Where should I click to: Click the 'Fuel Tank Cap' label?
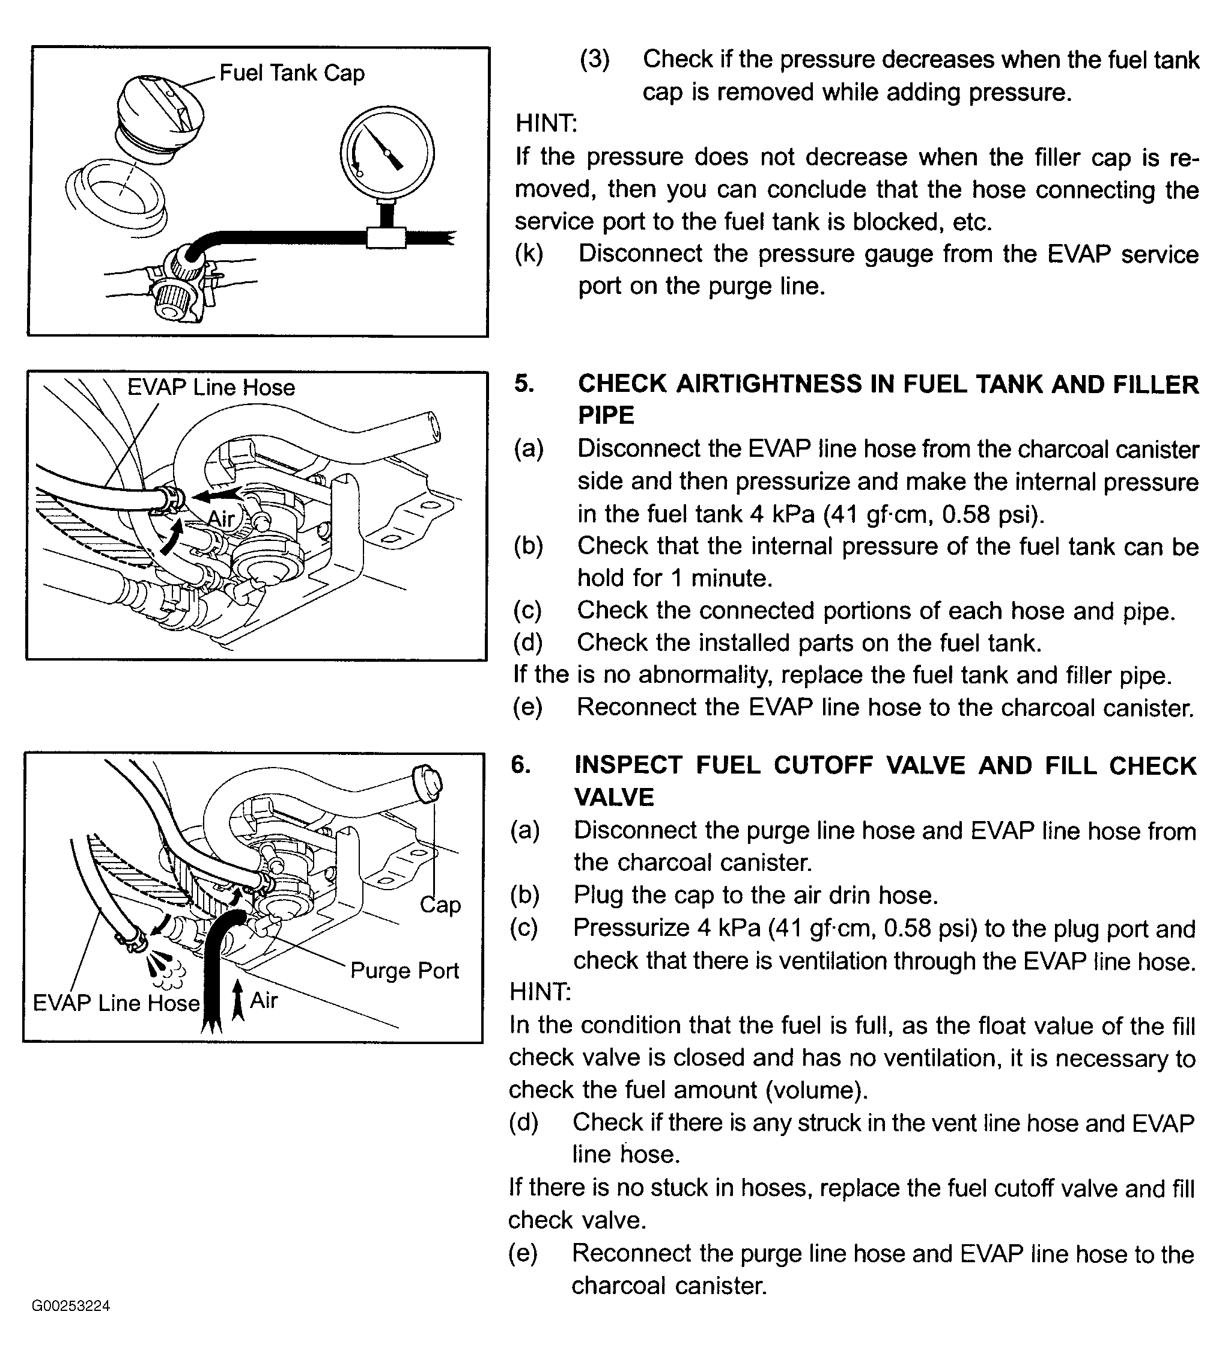291,73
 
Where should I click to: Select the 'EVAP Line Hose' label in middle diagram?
211,388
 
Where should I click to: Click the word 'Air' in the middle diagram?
221,519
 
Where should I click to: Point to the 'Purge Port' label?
404,971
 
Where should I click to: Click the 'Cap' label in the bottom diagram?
440,905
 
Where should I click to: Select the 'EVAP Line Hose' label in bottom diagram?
116,1003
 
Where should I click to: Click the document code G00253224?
70,1306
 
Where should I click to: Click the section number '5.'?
524,383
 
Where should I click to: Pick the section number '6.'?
521,765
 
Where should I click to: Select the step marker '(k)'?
529,253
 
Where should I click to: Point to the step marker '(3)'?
594,59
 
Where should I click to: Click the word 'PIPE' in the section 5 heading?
606,416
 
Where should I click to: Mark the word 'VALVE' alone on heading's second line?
613,797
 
